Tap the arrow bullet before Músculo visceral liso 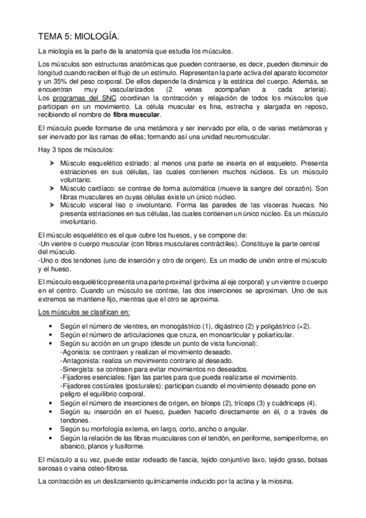click(51, 205)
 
